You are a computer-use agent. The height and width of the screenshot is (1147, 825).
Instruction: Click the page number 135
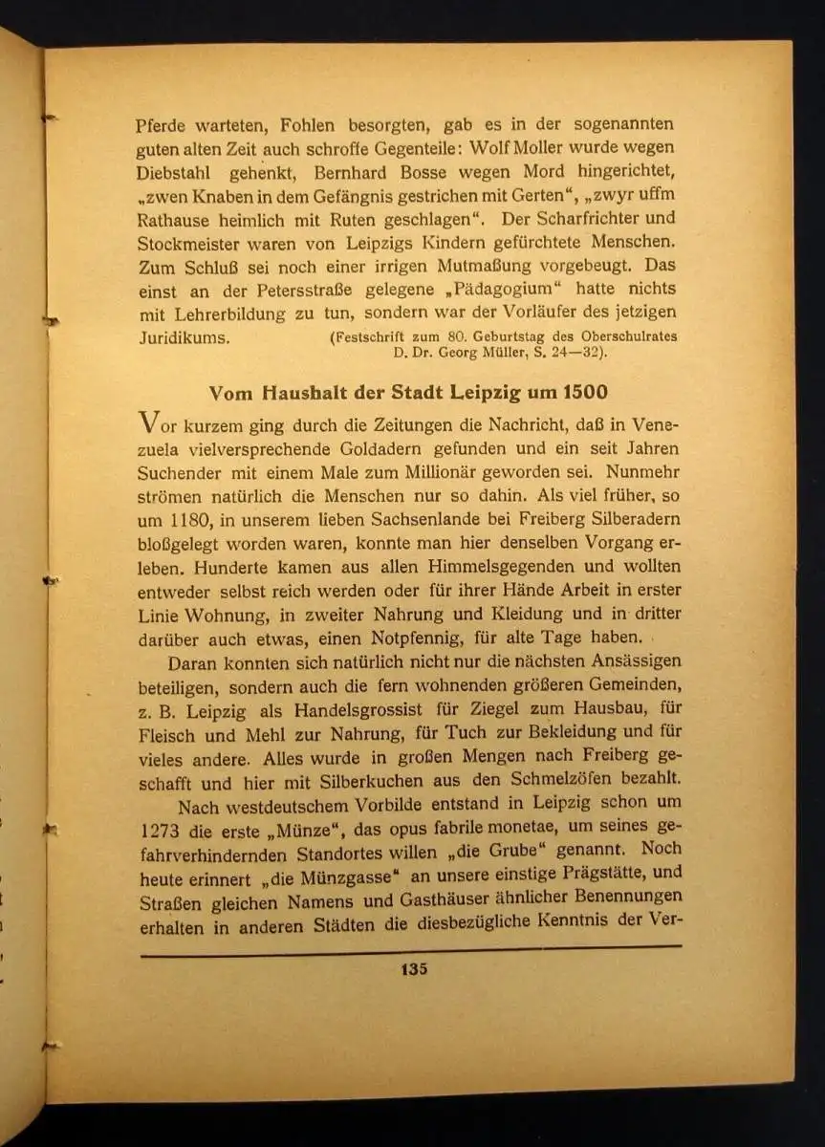click(414, 968)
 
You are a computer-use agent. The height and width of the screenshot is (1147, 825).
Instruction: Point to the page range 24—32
click(569, 352)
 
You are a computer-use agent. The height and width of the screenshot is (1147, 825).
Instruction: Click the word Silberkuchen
click(347, 782)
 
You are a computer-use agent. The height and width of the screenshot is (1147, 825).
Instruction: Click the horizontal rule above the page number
click(411, 949)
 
